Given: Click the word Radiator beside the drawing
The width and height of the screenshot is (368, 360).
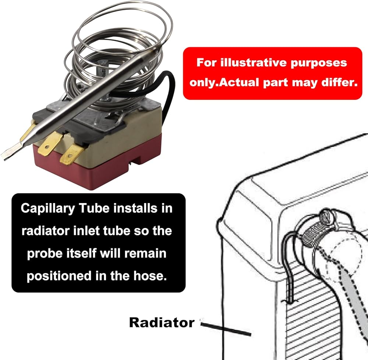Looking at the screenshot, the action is point(161,322).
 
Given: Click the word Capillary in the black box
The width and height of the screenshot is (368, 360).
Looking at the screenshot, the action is point(49,208).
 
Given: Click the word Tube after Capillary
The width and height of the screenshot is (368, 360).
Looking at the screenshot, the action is point(97,208).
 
